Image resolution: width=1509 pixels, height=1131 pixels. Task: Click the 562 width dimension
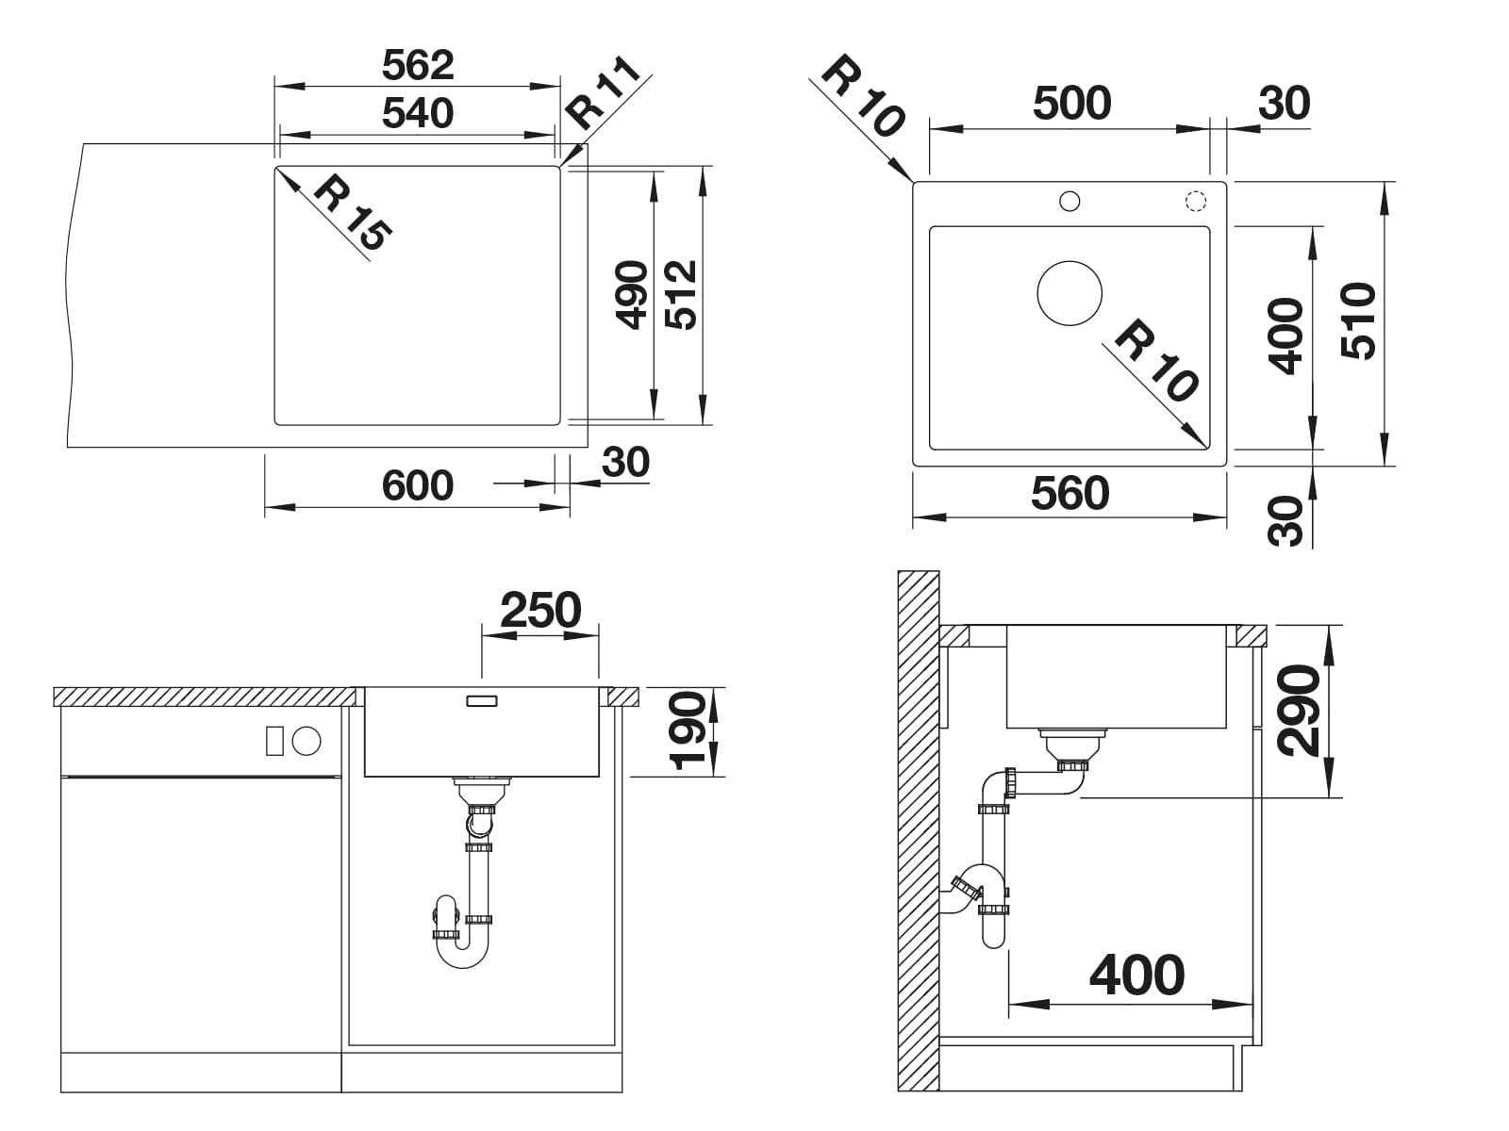(x=418, y=65)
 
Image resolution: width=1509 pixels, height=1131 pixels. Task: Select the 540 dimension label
(x=418, y=113)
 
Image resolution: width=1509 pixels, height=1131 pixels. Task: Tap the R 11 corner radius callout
(x=603, y=94)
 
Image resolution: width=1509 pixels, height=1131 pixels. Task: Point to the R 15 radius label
(x=353, y=214)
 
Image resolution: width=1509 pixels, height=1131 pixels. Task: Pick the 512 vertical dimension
(x=681, y=295)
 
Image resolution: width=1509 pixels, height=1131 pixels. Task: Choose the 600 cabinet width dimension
(x=417, y=485)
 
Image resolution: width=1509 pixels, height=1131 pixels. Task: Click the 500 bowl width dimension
(x=1071, y=103)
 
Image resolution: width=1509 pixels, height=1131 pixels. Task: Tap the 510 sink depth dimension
(x=1358, y=320)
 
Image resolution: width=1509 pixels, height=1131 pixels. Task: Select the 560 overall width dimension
(x=1070, y=493)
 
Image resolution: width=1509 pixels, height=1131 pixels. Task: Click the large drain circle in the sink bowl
(x=1069, y=293)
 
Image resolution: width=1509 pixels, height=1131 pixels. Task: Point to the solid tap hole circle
(x=1069, y=201)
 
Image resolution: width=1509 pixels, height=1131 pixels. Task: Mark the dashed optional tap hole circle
(x=1196, y=201)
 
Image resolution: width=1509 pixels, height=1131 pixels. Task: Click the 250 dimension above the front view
(x=540, y=610)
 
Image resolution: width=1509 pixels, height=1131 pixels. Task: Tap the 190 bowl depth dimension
(x=688, y=730)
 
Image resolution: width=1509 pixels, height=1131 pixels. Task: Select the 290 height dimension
(x=1299, y=711)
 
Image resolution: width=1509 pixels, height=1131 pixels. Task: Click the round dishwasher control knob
(x=307, y=741)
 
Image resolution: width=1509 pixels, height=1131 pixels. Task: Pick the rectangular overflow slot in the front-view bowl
(x=481, y=701)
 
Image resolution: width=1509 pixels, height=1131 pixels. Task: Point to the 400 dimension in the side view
(x=1137, y=975)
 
